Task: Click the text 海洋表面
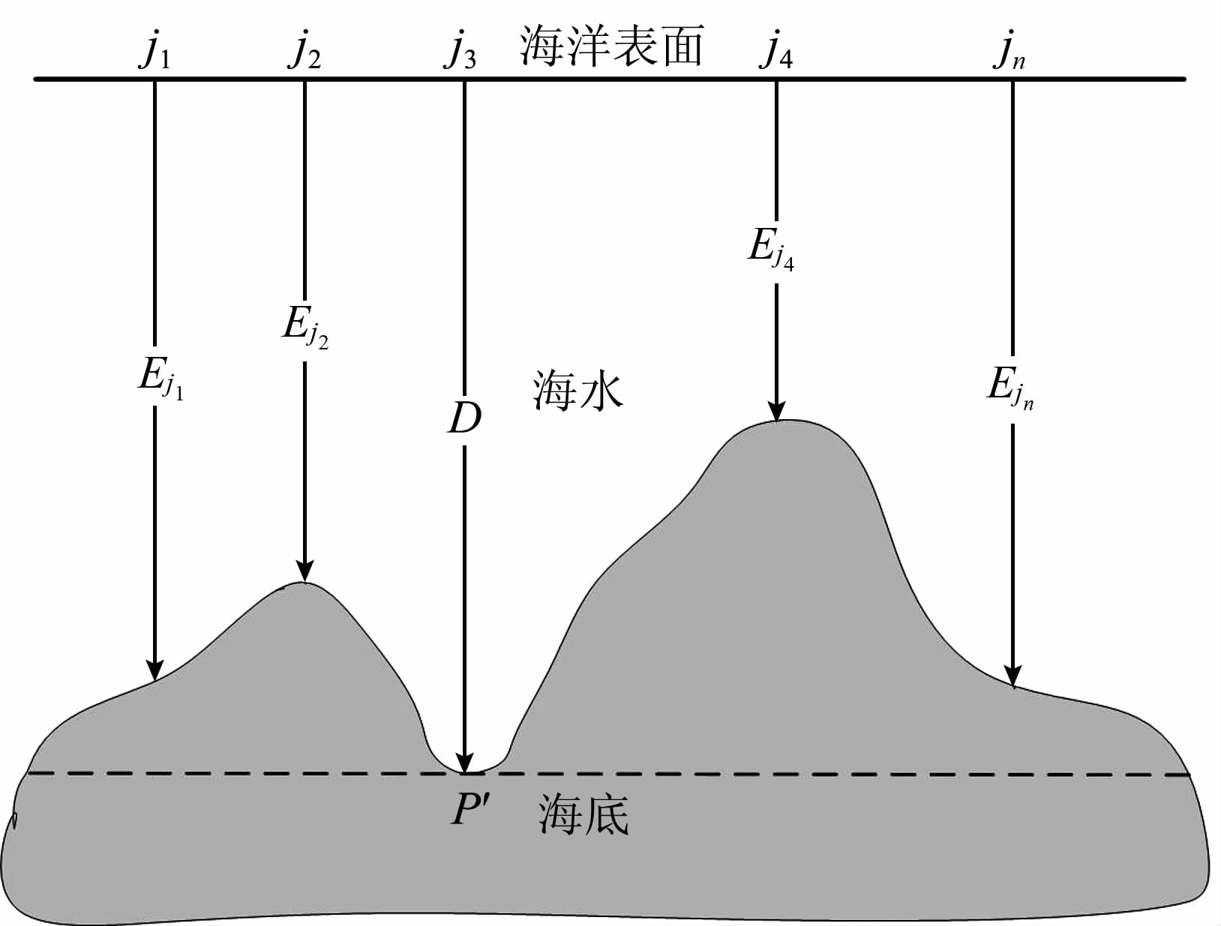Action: tap(612, 46)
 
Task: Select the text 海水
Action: tap(577, 391)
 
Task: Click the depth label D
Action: tap(464, 419)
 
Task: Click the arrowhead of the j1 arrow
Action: tap(154, 670)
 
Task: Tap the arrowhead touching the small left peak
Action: tap(304, 572)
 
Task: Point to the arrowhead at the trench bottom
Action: tap(465, 763)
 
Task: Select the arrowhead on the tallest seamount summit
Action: tap(776, 411)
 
